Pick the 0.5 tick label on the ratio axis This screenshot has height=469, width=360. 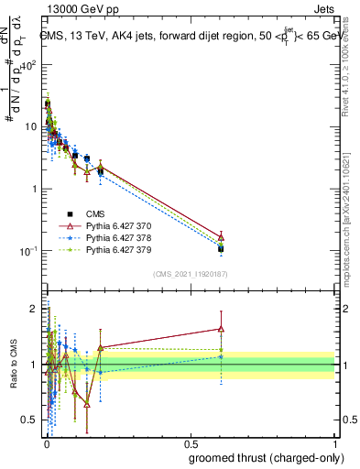click(33, 420)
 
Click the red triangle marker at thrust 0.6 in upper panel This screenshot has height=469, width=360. click(220, 236)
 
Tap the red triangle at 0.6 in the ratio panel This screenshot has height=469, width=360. click(220, 328)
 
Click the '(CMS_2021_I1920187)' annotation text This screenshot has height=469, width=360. click(191, 274)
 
